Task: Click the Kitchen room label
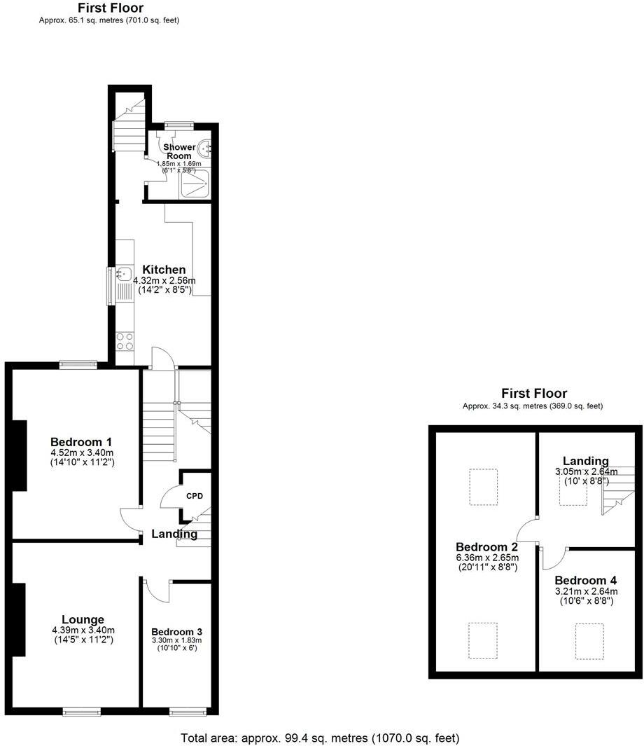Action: coord(164,270)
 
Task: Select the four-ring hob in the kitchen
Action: coord(125,340)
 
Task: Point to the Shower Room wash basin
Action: coord(204,148)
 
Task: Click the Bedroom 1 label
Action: coord(81,442)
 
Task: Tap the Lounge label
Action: coord(83,619)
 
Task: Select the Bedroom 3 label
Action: coord(177,631)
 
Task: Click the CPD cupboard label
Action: coord(194,496)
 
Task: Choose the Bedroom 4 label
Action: coord(585,581)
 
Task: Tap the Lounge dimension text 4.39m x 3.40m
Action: coord(83,630)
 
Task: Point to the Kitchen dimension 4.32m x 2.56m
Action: coord(164,281)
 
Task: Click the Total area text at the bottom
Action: coord(320,738)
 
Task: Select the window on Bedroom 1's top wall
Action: coord(78,364)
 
